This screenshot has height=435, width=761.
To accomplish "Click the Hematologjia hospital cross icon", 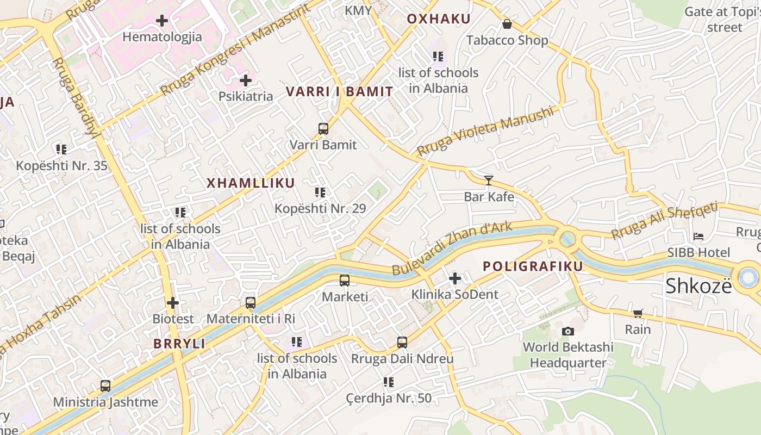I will [162, 21].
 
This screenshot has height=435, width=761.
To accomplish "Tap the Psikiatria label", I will [246, 96].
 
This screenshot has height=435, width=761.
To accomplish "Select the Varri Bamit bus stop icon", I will [323, 129].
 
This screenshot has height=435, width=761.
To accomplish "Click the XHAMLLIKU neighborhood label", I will [251, 183].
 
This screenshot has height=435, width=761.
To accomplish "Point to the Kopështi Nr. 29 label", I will [320, 208].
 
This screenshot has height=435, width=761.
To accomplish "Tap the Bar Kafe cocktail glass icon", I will [489, 180].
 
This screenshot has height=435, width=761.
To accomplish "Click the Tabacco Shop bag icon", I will [507, 24].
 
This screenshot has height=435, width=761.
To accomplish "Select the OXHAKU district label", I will [439, 19].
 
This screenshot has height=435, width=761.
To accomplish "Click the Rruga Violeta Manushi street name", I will [485, 131].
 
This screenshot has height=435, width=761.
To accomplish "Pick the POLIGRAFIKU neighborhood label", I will [533, 266].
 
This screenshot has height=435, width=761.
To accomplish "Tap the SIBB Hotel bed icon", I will [698, 237].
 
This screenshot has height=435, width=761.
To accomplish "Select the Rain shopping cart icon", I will [638, 313].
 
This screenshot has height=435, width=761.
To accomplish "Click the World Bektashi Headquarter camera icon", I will [568, 331].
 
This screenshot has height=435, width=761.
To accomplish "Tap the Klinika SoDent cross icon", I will [455, 279].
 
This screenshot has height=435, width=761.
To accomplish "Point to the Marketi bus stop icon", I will [345, 281].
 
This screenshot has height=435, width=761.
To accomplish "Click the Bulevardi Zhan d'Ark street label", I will [452, 248].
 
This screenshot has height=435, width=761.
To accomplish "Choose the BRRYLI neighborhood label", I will [179, 344].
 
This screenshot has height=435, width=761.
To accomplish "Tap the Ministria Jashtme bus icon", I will [105, 386].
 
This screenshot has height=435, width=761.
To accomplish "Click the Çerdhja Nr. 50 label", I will [389, 398].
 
